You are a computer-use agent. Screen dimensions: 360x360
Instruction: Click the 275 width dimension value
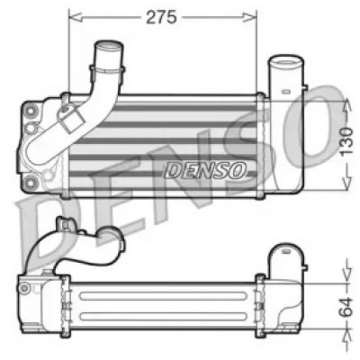pos(161,17)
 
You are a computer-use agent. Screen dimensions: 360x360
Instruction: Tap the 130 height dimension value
pos(346,141)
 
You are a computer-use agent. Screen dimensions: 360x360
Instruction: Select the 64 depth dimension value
pos(346,307)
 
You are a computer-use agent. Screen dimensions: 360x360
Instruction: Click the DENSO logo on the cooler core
pos(205,170)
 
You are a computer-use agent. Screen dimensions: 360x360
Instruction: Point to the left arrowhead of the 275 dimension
pos(76,17)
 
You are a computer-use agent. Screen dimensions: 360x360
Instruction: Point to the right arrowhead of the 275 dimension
pos(250,17)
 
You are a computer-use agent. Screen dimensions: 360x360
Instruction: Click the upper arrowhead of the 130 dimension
pos(347,105)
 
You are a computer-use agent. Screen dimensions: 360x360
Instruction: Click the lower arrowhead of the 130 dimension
pos(347,184)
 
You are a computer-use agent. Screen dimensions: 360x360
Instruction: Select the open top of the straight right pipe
pos(286,61)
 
